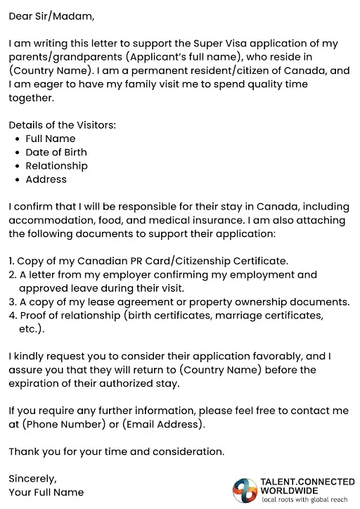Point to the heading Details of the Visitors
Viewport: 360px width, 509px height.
tap(63, 125)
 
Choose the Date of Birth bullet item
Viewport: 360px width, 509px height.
tap(56, 153)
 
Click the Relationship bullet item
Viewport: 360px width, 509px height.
tap(56, 166)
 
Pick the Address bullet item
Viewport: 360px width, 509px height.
tap(46, 179)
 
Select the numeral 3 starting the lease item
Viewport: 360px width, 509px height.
tap(12, 302)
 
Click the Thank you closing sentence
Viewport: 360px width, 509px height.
tap(117, 451)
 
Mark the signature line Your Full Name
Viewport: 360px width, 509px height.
tap(46, 492)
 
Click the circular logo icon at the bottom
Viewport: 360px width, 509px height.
tap(245, 490)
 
